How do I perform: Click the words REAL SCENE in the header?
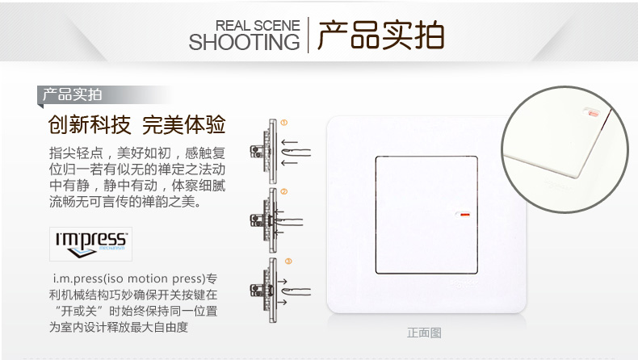[258, 25]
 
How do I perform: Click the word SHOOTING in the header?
[244, 42]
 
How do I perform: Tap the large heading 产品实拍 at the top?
[380, 35]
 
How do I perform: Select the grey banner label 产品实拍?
[72, 94]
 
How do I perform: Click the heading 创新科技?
[90, 124]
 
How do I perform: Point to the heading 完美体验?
[183, 124]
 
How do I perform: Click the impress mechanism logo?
[90, 244]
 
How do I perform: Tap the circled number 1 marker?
[284, 123]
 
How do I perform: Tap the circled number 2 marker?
[284, 191]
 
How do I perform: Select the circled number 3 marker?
[288, 262]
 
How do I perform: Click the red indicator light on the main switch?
[464, 215]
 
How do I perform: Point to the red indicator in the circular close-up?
[594, 114]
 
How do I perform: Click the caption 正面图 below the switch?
[424, 333]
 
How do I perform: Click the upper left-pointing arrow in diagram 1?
[289, 142]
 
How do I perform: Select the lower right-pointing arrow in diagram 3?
[282, 302]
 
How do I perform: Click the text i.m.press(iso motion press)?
[129, 278]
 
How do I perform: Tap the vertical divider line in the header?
[308, 35]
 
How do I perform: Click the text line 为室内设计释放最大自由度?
[119, 327]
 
